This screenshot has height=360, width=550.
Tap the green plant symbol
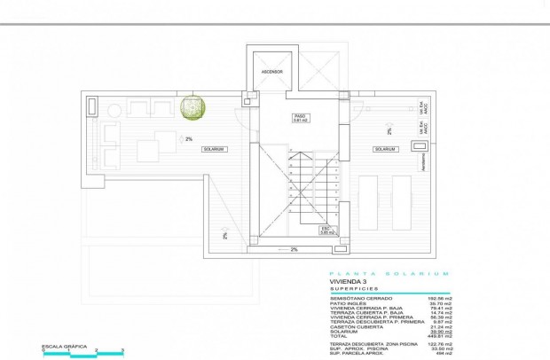click(192, 107)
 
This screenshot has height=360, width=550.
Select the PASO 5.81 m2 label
click(301, 118)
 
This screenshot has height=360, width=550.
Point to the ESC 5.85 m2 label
click(326, 229)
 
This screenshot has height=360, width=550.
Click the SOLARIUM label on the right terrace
click(384, 149)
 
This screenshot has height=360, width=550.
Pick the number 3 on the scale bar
click(120, 352)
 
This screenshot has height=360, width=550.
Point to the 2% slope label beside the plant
click(189, 138)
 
